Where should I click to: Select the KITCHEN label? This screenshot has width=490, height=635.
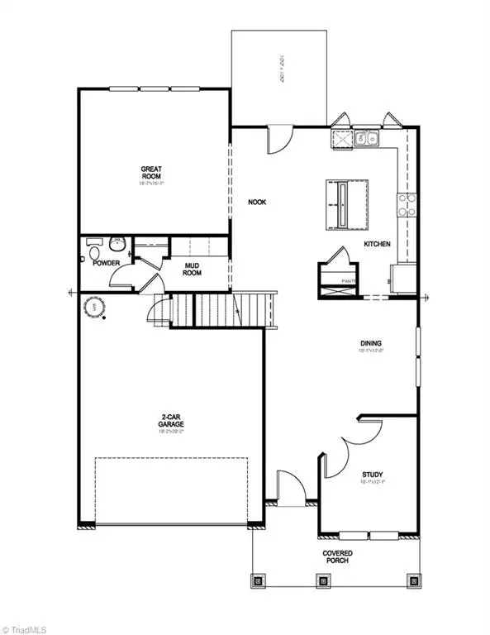tap(378, 244)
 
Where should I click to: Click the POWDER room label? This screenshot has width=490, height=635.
tap(107, 264)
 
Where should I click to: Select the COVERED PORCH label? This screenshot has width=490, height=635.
tap(335, 556)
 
